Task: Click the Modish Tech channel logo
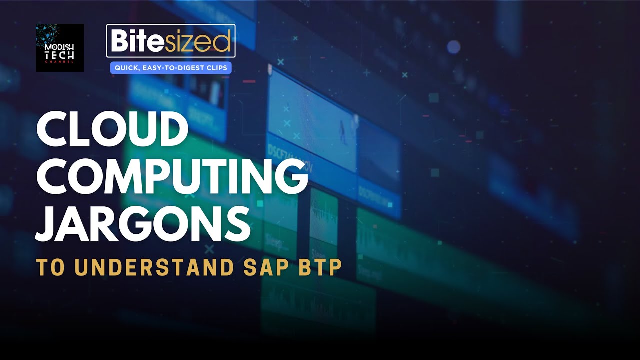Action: pyautogui.click(x=60, y=47)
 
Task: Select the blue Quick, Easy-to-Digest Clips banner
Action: pyautogui.click(x=171, y=67)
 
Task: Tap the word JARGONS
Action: pyautogui.click(x=143, y=224)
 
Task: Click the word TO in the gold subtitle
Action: pyautogui.click(x=51, y=267)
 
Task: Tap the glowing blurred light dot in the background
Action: pyautogui.click(x=453, y=47)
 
